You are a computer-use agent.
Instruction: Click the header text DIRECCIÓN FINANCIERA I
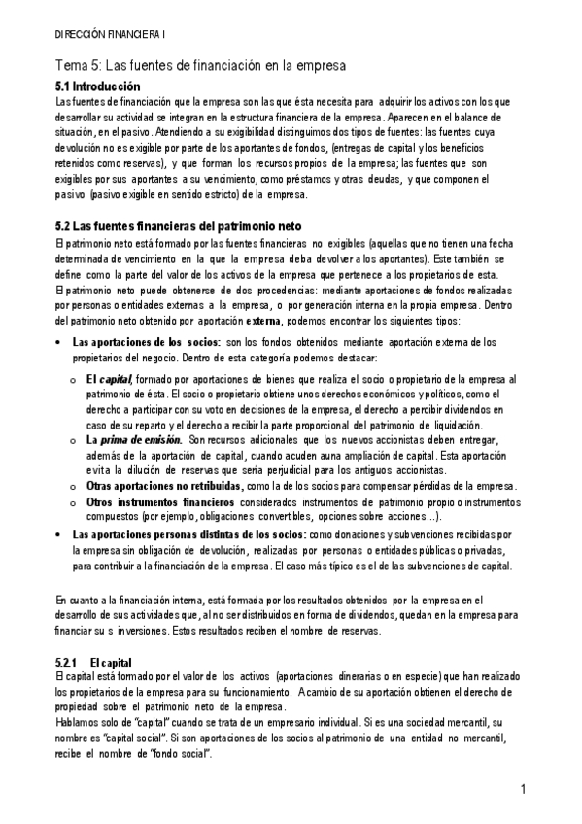pyautogui.click(x=110, y=33)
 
